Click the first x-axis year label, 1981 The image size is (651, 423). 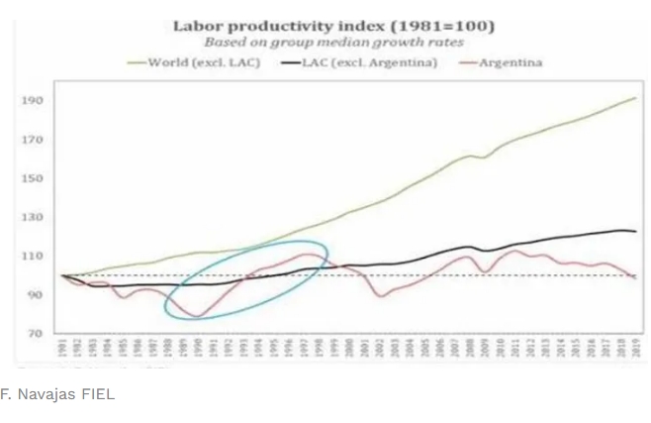point(61,348)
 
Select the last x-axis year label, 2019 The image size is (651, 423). point(634,348)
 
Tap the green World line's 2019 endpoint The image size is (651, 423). point(635,98)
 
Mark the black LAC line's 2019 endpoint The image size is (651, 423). point(635,231)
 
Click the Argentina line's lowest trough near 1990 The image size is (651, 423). point(196,316)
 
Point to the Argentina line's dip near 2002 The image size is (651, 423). point(383,296)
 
